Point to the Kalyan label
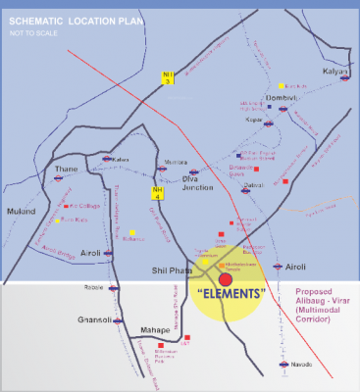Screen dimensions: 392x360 (x=336, y=72)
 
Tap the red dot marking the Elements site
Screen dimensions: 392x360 (x=226, y=280)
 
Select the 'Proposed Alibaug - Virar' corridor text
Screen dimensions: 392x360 (x=324, y=301)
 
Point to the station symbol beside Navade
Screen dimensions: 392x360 (x=276, y=367)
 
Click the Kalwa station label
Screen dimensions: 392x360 (x=121, y=159)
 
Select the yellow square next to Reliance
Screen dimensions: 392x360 (x=130, y=232)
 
